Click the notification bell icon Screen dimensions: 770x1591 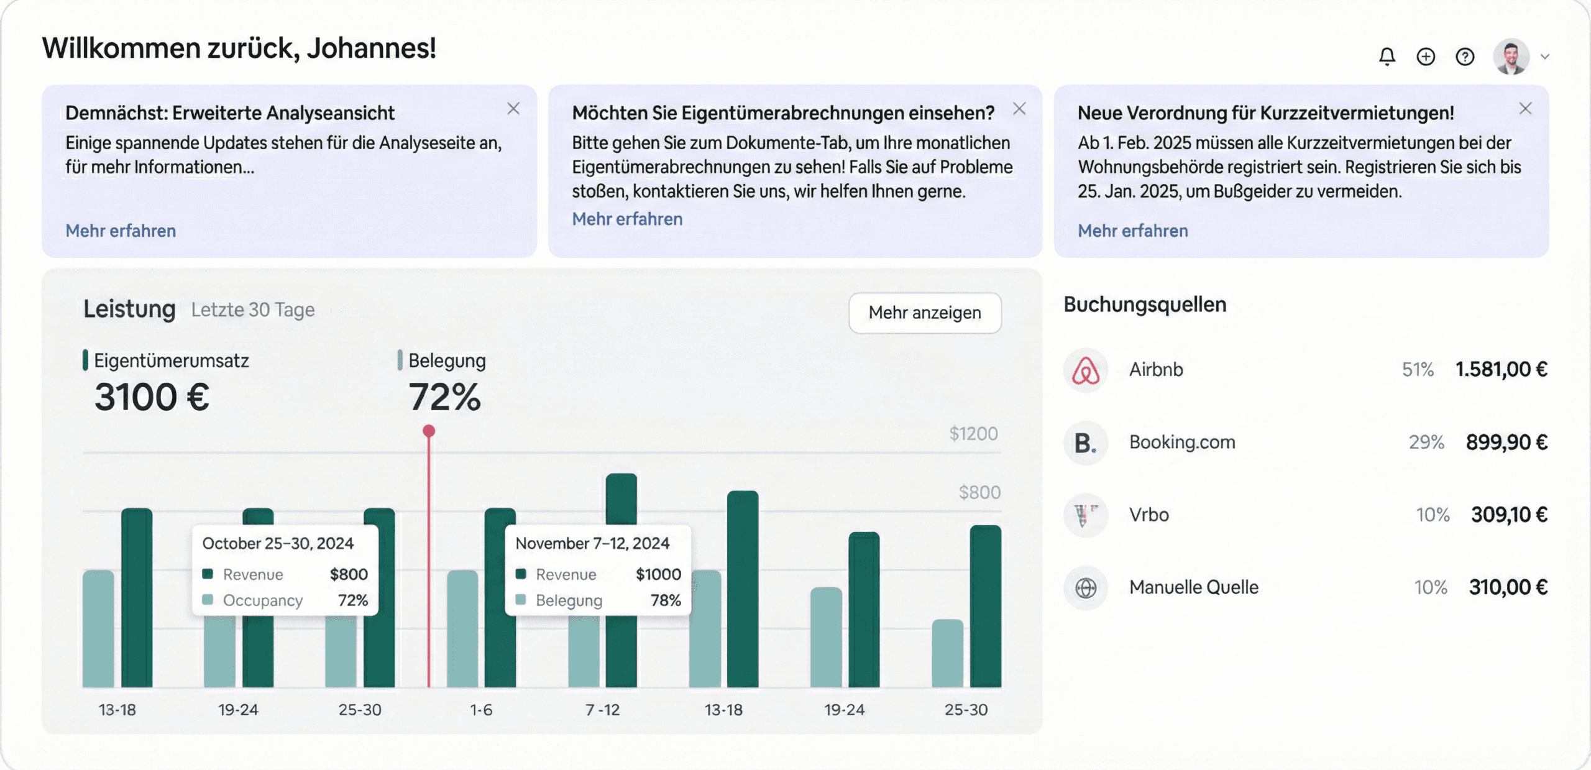click(1387, 57)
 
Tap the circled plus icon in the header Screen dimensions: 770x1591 click(1426, 57)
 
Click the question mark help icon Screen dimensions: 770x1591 click(1465, 57)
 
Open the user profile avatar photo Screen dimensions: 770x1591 click(1511, 57)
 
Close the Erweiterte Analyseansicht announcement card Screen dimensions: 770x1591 click(513, 109)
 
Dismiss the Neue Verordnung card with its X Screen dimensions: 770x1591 click(1525, 109)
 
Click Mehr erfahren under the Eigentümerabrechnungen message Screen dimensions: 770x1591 click(626, 219)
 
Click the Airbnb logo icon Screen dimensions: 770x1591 click(1085, 370)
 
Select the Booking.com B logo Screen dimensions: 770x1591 click(1085, 442)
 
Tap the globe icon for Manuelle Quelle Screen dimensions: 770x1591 click(1085, 587)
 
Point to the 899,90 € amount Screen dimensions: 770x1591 click(1506, 442)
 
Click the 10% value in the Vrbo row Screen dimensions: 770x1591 click(1433, 515)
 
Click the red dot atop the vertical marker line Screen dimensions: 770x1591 click(429, 431)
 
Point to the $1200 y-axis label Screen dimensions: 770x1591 click(973, 434)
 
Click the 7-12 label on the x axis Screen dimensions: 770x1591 click(602, 710)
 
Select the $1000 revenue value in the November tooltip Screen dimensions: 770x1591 click(658, 574)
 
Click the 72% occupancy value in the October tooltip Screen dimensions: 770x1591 click(352, 600)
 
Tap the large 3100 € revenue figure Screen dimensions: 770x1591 click(152, 397)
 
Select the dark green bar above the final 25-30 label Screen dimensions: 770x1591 click(985, 606)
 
